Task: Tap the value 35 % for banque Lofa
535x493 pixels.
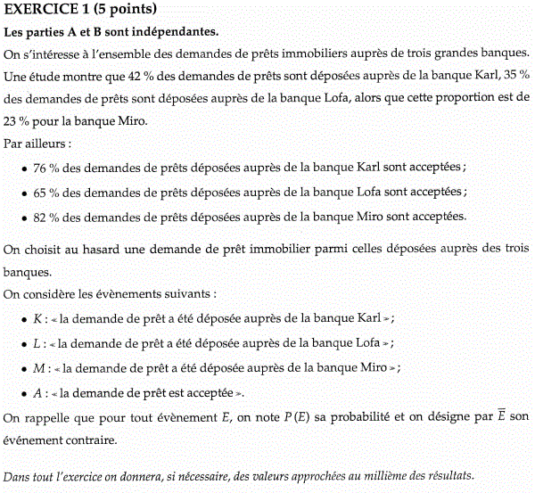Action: (514, 76)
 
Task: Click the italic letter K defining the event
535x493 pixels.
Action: (37, 318)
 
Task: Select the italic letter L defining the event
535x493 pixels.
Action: (36, 343)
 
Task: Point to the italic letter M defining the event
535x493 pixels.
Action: (37, 368)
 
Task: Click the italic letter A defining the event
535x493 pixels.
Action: (37, 392)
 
